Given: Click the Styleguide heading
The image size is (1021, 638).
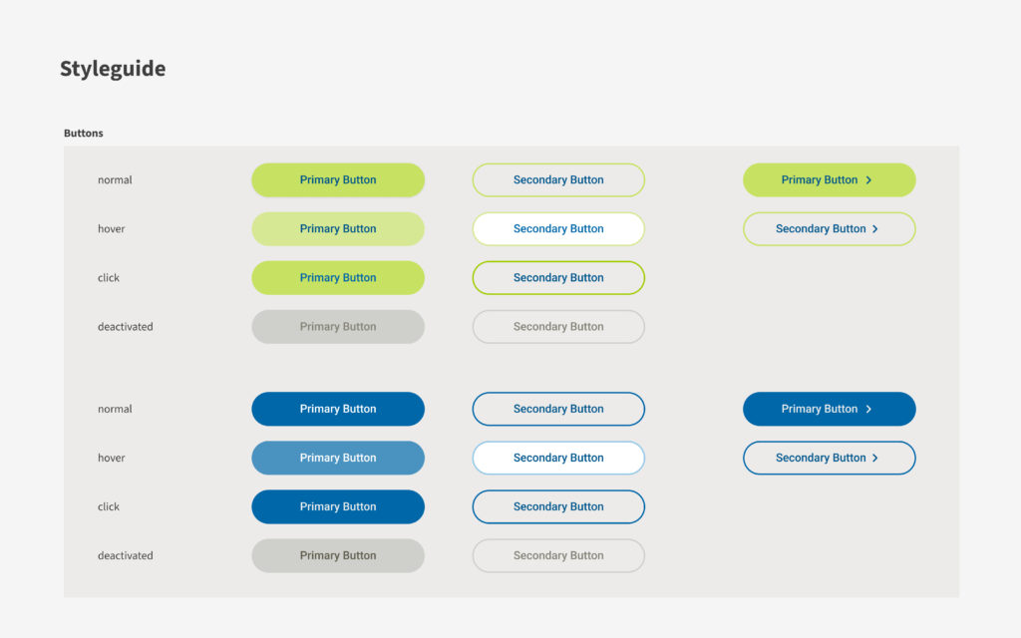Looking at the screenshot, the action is pyautogui.click(x=113, y=69).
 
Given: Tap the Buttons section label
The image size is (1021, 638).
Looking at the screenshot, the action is pyautogui.click(x=84, y=133).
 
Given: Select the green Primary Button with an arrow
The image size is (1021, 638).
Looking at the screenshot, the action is pyautogui.click(x=829, y=179).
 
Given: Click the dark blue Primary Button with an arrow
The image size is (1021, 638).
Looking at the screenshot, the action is pyautogui.click(x=829, y=409).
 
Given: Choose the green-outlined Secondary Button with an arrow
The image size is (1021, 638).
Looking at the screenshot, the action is pyautogui.click(x=829, y=228).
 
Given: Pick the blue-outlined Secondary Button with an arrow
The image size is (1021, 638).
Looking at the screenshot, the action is pyautogui.click(x=829, y=458).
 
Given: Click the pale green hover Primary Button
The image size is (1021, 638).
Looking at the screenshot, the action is pyautogui.click(x=338, y=228).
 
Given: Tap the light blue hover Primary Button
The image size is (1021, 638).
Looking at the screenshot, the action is pyautogui.click(x=338, y=458).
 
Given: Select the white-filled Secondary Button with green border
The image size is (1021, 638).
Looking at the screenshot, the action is pyautogui.click(x=558, y=228).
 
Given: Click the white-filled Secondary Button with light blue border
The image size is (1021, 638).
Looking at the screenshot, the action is pyautogui.click(x=558, y=458).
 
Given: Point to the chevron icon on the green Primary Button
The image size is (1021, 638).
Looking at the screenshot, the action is pyautogui.click(x=868, y=179).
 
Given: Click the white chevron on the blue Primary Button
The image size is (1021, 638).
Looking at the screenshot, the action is pyautogui.click(x=868, y=409).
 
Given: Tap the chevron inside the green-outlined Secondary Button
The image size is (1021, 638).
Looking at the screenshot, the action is pyautogui.click(x=875, y=229).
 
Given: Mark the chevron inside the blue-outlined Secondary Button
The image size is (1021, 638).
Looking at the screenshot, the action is pyautogui.click(x=875, y=459).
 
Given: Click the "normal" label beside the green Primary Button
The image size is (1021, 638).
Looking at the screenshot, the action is pyautogui.click(x=115, y=179).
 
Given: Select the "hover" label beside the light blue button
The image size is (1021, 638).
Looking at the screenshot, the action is pyautogui.click(x=112, y=458).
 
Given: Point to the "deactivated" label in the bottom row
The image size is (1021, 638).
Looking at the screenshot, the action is pyautogui.click(x=125, y=555).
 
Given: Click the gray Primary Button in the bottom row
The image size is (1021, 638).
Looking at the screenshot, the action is pyautogui.click(x=338, y=555).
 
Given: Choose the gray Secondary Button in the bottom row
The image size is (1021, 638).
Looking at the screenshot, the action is pyautogui.click(x=558, y=555).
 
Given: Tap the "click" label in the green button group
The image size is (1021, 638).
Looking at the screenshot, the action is pyautogui.click(x=109, y=277).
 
